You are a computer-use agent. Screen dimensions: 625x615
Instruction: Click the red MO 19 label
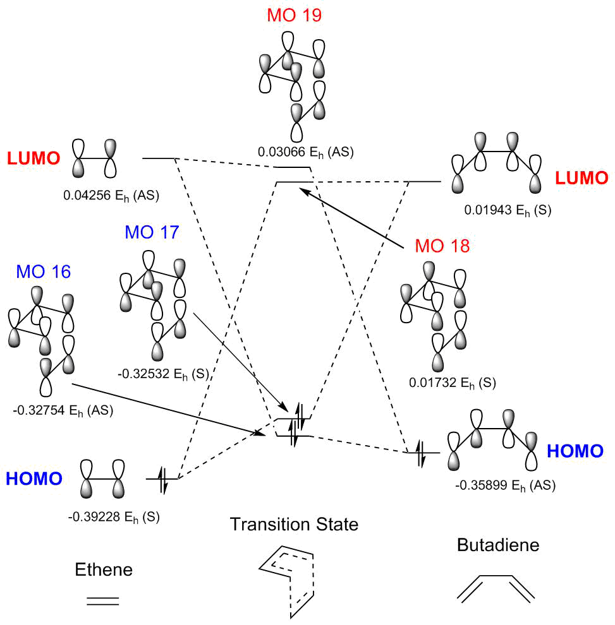(x=294, y=15)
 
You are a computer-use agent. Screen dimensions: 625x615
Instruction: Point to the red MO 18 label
(x=442, y=246)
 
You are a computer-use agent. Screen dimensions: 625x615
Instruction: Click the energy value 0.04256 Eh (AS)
(x=111, y=195)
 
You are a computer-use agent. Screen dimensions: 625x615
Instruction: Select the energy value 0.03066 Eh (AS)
(x=305, y=152)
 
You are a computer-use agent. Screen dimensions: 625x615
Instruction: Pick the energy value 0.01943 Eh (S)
(x=508, y=210)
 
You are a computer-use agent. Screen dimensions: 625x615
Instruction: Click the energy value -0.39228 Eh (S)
(x=114, y=516)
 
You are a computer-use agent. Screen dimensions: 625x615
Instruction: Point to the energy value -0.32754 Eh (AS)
(x=63, y=411)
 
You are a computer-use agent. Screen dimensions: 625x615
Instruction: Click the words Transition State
(x=294, y=524)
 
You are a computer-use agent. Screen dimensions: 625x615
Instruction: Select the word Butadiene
(x=498, y=545)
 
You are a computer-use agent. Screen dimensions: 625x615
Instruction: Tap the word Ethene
(x=104, y=569)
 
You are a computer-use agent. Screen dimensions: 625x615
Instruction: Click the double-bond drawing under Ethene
(x=102, y=600)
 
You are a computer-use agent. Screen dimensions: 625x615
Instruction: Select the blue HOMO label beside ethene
(x=34, y=479)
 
